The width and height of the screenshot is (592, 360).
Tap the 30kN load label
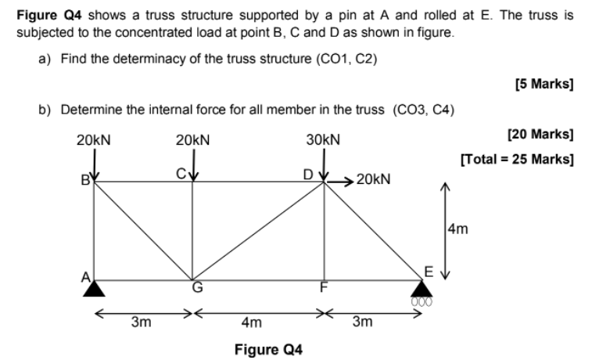tap(323, 140)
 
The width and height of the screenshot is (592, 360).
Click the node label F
tap(321, 287)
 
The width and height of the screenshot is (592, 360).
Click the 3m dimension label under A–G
tap(140, 322)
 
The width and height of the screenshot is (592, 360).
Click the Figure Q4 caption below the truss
tap(268, 349)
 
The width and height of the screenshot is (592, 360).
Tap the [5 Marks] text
tap(544, 84)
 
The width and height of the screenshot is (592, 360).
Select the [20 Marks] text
tap(540, 135)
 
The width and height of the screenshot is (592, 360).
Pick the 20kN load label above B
tap(93, 140)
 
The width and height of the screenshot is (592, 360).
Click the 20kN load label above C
tap(192, 140)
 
